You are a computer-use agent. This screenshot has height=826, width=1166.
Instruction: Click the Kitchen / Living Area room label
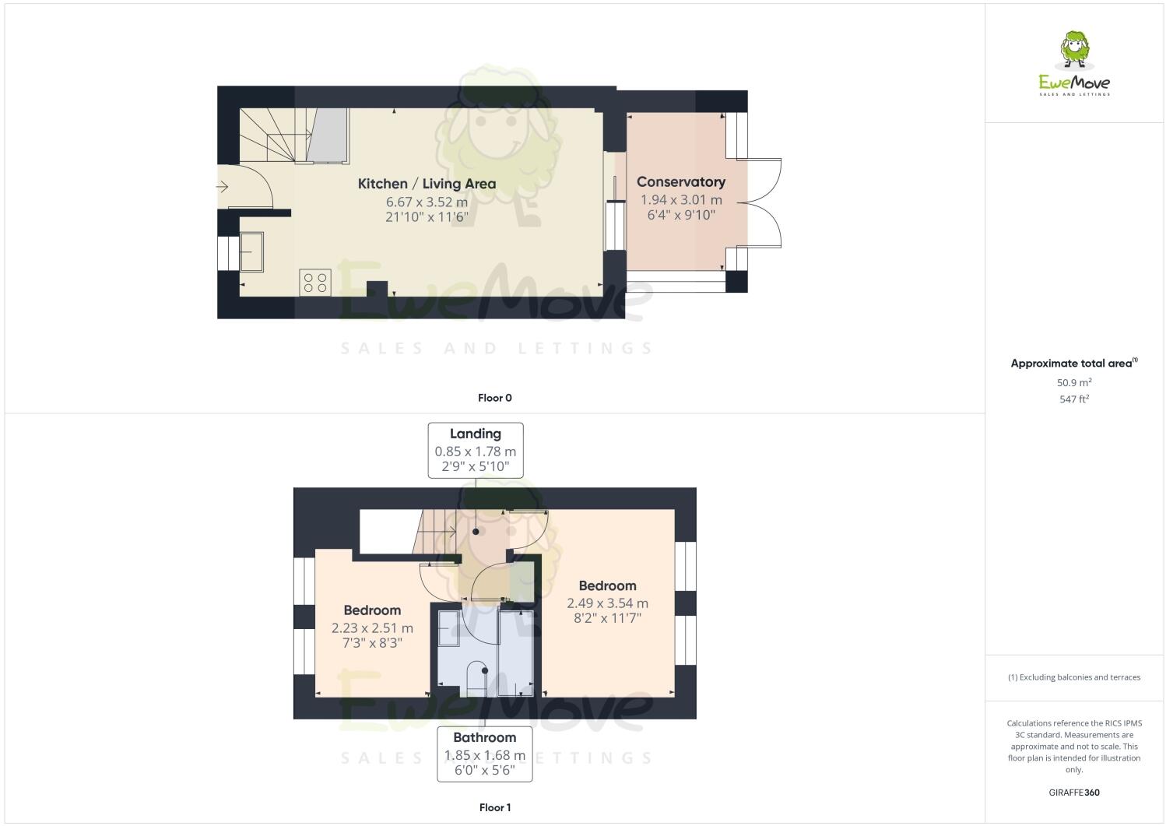click(427, 184)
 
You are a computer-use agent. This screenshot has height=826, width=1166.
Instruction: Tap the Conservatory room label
click(680, 181)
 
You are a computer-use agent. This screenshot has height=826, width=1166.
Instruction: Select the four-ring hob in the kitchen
click(315, 282)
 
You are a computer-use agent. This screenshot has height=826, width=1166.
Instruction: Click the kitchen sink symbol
click(251, 251)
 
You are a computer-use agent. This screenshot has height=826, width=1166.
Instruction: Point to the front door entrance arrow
click(223, 187)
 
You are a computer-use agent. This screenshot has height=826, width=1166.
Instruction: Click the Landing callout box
click(475, 450)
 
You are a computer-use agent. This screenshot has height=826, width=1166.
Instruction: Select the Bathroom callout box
click(484, 754)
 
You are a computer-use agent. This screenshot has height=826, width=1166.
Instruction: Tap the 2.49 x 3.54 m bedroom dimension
click(607, 603)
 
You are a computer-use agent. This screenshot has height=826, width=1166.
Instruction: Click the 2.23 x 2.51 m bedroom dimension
click(372, 627)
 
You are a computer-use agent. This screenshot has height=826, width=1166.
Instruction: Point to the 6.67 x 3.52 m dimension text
click(427, 202)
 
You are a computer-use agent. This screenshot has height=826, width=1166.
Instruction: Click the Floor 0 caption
click(494, 398)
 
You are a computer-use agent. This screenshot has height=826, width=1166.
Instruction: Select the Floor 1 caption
click(494, 807)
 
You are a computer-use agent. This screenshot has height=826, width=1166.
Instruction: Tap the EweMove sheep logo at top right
click(1075, 51)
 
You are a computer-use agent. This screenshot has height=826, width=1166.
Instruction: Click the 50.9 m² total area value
click(1073, 382)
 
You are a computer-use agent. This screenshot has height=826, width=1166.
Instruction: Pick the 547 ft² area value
click(1073, 399)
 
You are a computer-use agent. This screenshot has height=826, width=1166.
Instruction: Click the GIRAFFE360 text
click(1074, 793)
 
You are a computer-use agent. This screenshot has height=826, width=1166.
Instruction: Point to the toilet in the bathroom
click(476, 677)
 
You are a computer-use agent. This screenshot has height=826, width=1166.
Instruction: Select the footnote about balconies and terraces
click(1073, 677)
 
